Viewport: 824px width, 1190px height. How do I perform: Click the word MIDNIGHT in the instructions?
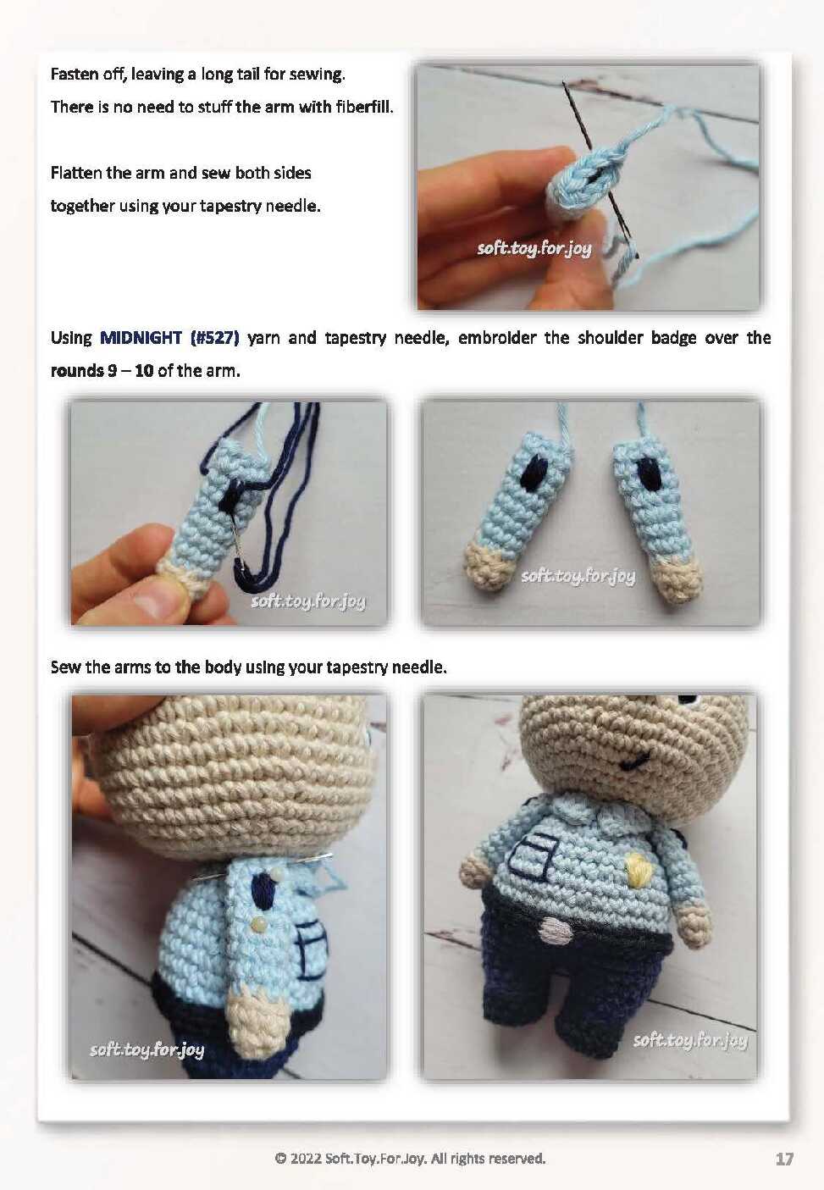click(141, 338)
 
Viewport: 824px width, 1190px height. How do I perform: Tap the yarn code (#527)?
click(214, 338)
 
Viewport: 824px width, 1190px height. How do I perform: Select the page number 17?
click(784, 1159)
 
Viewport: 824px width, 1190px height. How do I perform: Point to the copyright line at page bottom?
click(410, 1158)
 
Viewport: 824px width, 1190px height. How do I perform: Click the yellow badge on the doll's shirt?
click(633, 870)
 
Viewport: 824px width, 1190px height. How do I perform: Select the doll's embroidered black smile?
click(637, 762)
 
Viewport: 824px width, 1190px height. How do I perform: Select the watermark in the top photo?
click(534, 248)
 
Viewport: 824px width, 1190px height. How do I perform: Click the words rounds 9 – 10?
click(102, 371)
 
